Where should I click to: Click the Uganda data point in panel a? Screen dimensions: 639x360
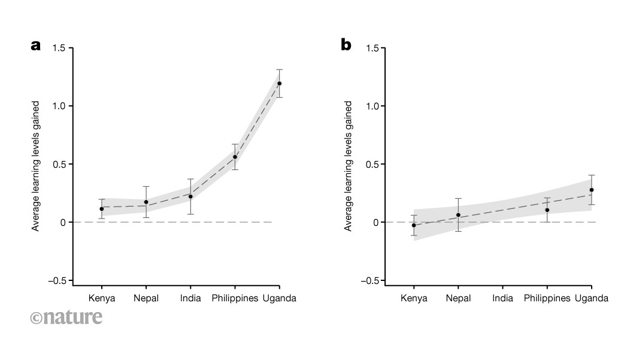(279, 84)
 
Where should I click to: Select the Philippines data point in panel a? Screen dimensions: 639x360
(235, 157)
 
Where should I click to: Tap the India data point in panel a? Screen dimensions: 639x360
(190, 196)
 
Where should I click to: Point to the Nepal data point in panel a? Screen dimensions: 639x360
(146, 202)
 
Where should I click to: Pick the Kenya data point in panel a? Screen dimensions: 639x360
(101, 208)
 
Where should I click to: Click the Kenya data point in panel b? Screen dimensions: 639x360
(414, 225)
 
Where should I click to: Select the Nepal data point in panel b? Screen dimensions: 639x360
(458, 215)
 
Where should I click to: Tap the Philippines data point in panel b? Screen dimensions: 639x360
(547, 210)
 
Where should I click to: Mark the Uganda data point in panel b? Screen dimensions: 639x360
(591, 190)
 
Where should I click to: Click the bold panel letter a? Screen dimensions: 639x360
(36, 45)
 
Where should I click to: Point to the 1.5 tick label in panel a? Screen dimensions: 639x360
(58, 48)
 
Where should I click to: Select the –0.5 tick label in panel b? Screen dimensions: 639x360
(370, 280)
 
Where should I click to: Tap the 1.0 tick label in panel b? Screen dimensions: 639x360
(372, 106)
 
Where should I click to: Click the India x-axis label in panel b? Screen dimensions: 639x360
(502, 298)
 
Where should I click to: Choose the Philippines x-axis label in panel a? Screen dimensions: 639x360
(235, 298)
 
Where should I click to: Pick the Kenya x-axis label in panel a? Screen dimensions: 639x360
(101, 298)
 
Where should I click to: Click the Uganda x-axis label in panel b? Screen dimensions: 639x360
(591, 298)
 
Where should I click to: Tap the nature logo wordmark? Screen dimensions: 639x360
(66, 317)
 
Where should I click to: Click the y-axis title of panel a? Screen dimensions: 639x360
(36, 166)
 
